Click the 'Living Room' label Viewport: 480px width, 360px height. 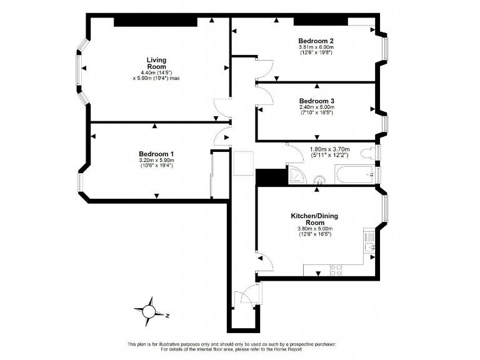click(156, 63)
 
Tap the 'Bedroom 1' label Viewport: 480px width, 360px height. click(156, 154)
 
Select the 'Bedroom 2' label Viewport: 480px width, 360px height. click(316, 41)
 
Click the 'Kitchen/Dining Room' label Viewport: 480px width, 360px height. click(314, 219)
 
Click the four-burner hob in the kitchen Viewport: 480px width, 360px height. click(335, 270)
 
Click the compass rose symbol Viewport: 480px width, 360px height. click(150, 311)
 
